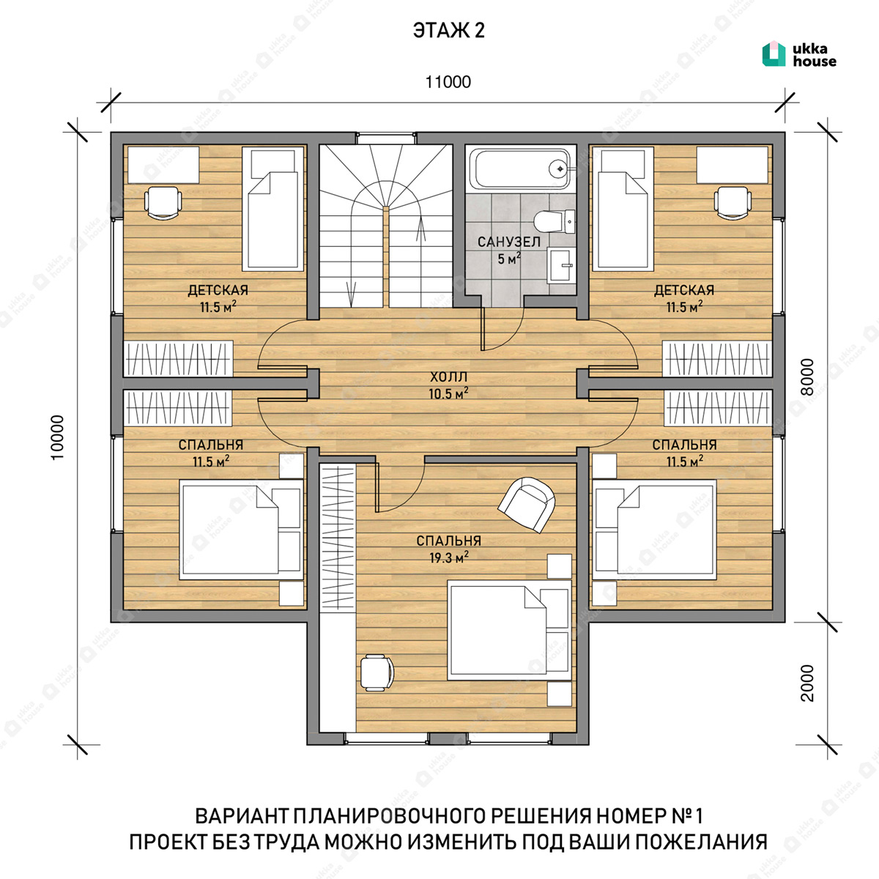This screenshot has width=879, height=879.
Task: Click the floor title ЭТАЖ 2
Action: pyautogui.click(x=448, y=31)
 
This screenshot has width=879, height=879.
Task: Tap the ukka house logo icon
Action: pyautogui.click(x=774, y=54)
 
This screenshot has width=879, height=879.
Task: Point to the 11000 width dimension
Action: pyautogui.click(x=448, y=82)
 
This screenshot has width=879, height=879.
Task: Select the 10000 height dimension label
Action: pyautogui.click(x=57, y=437)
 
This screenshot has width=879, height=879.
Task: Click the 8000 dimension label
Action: pyautogui.click(x=807, y=377)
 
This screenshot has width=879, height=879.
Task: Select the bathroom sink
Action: pyautogui.click(x=562, y=265)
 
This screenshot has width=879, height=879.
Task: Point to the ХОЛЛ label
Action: pyautogui.click(x=448, y=377)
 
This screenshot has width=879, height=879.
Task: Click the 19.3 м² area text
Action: pyautogui.click(x=449, y=557)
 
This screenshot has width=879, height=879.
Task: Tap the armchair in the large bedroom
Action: pyautogui.click(x=527, y=505)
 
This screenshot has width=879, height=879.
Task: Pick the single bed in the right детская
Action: pyautogui.click(x=623, y=209)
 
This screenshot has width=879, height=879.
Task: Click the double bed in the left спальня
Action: pyautogui.click(x=242, y=530)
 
